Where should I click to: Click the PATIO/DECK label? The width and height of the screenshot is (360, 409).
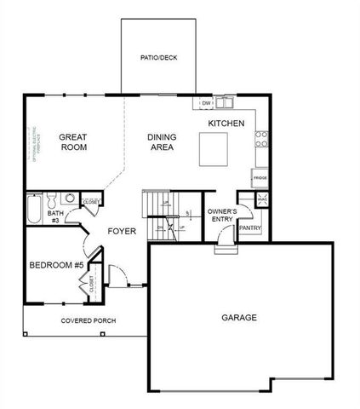[x=159, y=58]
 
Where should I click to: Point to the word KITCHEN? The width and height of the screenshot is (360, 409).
[x=226, y=124]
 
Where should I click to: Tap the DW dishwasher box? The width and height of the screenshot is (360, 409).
[x=206, y=104]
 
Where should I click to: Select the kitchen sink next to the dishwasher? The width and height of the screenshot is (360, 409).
[x=226, y=104]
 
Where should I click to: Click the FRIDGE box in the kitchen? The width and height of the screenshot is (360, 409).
[x=259, y=177]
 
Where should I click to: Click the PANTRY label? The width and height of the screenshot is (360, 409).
[x=249, y=228]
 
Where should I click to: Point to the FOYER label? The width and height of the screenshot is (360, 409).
[x=123, y=231]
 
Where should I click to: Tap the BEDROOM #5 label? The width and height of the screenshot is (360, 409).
[x=56, y=265]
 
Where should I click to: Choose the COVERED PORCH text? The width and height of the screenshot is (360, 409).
[x=88, y=320]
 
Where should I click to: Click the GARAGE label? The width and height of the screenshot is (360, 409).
[x=239, y=317]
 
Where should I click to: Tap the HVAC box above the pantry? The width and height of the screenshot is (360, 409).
[x=261, y=198]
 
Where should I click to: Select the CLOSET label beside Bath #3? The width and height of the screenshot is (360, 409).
[x=89, y=203]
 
